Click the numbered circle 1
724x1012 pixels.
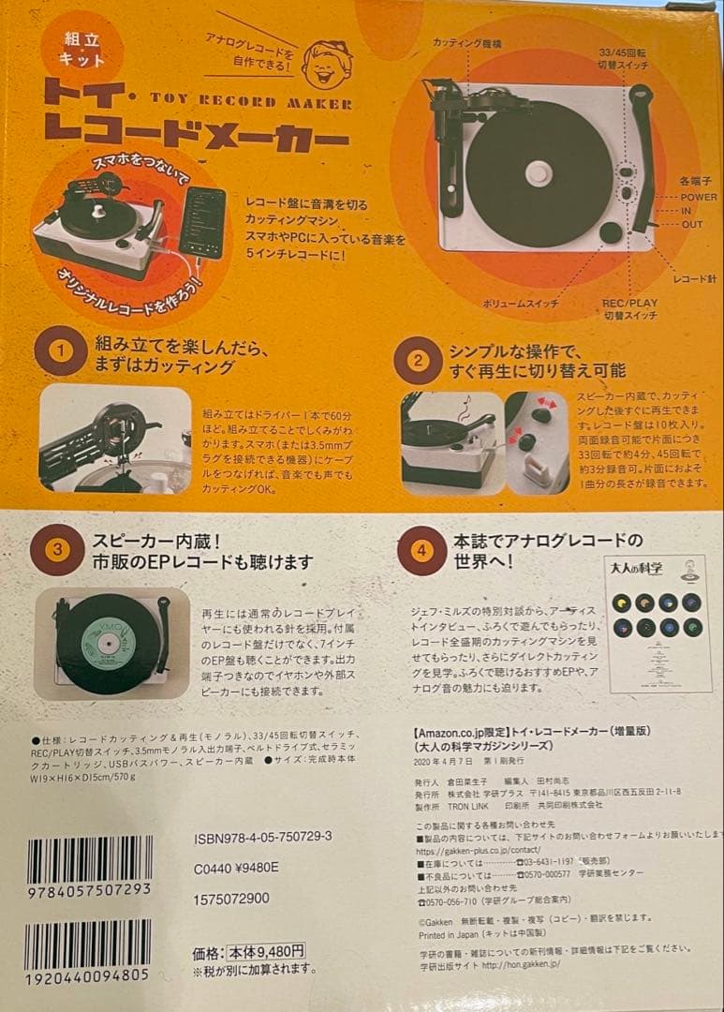(x=60, y=352)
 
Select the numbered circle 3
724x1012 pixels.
(x=57, y=550)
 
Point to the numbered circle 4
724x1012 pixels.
(x=420, y=550)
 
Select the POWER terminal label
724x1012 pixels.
(x=699, y=198)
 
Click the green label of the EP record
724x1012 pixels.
(x=108, y=639)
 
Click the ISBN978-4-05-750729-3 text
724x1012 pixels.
(x=265, y=835)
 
